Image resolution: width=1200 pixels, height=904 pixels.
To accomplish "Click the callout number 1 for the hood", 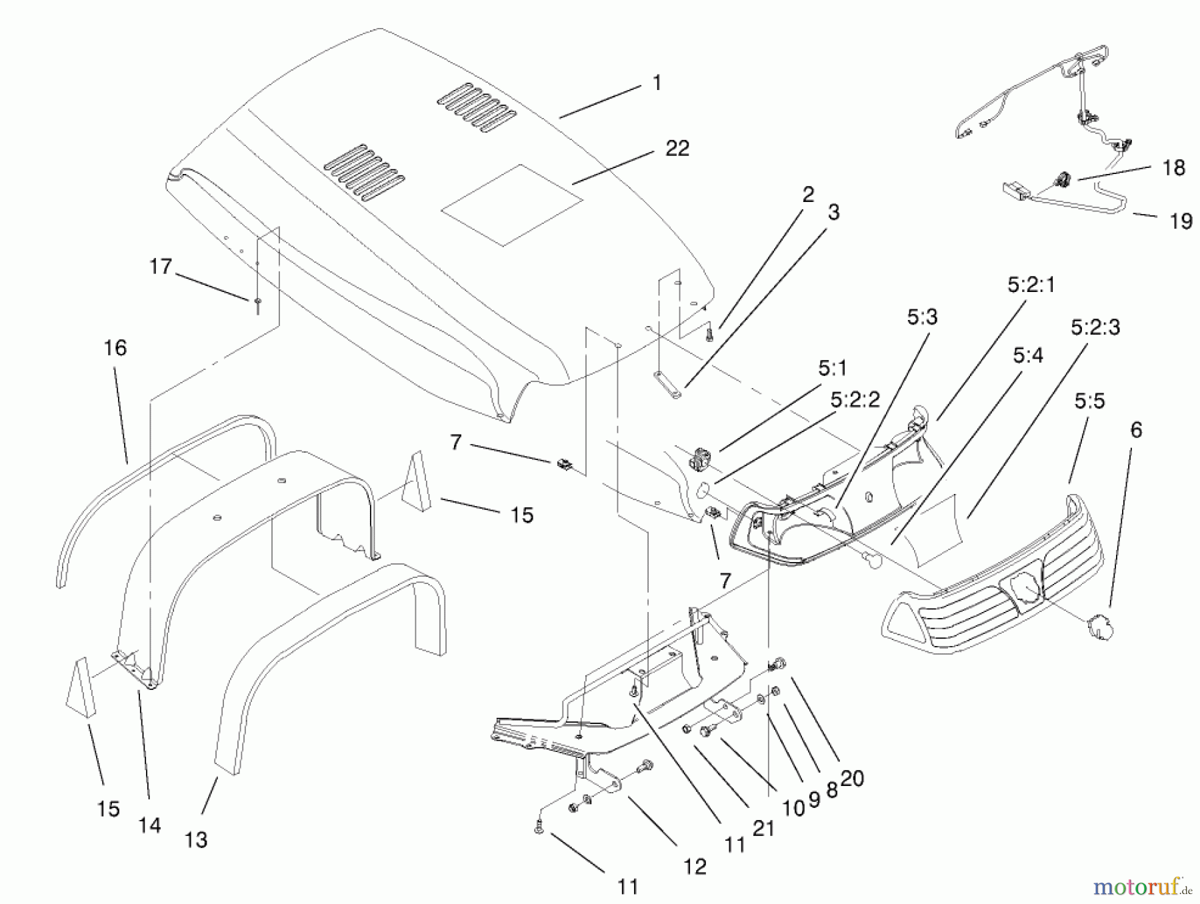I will [657, 83].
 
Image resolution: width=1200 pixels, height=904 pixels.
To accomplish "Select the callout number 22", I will [677, 148].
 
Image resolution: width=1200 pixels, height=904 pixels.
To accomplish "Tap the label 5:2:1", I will [1031, 285].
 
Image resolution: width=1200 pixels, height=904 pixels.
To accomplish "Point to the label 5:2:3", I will [1095, 327].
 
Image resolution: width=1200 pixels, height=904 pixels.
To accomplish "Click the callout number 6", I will [1136, 430].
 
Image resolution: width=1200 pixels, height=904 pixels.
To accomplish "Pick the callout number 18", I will [1174, 167].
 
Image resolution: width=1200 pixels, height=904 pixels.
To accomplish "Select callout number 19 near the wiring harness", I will [1181, 221].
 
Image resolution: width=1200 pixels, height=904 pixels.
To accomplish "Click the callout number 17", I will [161, 267].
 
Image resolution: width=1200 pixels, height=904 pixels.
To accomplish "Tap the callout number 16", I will [115, 347].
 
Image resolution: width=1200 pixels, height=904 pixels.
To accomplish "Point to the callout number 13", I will [196, 840].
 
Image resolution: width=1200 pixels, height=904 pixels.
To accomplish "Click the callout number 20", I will [853, 778].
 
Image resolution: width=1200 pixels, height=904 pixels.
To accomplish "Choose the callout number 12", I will [694, 866].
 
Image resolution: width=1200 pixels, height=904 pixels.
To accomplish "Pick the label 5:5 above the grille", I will [1089, 401].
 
